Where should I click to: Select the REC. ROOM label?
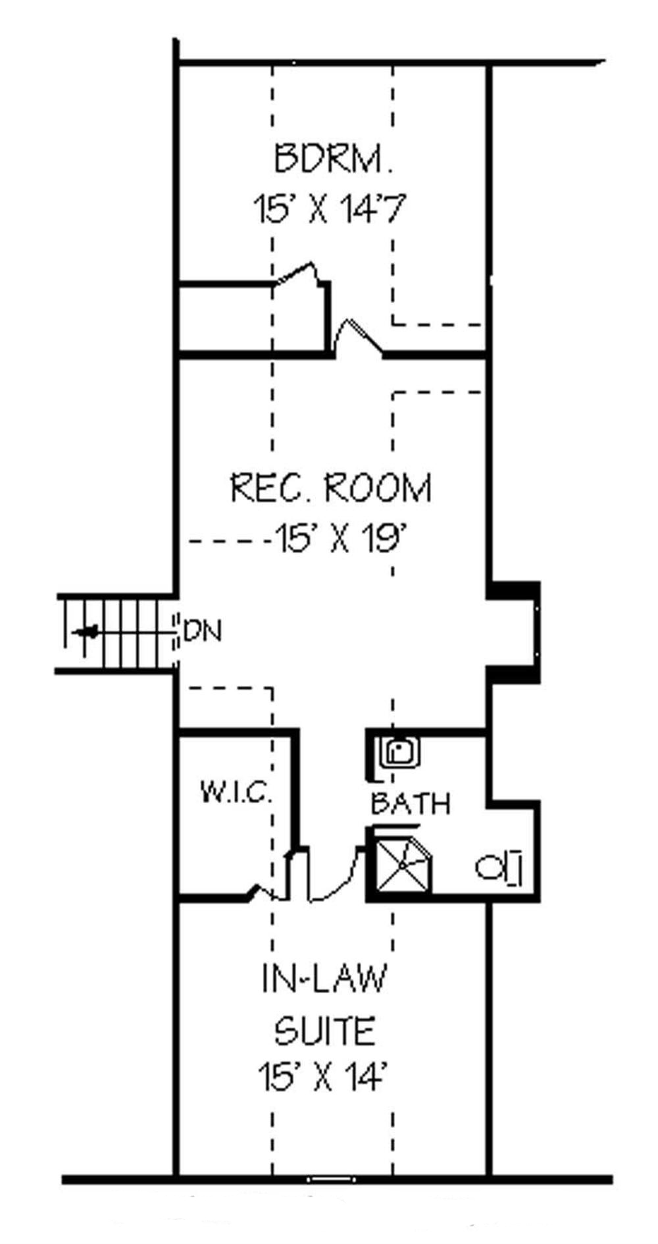point(331,488)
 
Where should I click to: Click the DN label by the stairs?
point(203,632)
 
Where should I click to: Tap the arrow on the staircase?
point(86,633)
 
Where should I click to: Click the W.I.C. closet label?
point(236,792)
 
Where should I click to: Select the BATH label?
point(410,804)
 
